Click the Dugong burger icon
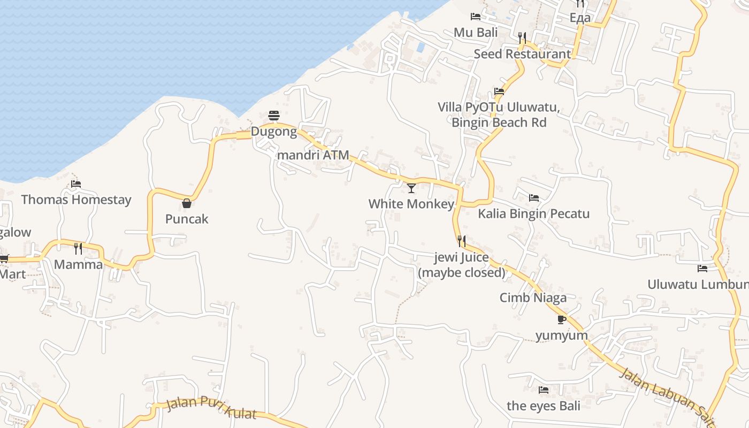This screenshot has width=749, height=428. click(x=274, y=115)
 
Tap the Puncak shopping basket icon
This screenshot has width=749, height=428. click(x=187, y=203)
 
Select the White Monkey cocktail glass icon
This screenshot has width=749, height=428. click(x=411, y=188)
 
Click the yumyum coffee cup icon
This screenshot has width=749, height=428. click(x=561, y=319)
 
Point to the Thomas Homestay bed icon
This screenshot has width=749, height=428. click(x=76, y=184)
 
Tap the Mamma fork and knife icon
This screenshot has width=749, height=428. click(x=78, y=248)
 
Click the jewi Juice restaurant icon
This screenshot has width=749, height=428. click(x=462, y=241)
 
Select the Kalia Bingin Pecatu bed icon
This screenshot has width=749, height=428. click(x=533, y=198)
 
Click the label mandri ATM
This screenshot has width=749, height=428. click(x=313, y=155)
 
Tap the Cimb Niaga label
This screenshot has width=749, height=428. click(x=533, y=297)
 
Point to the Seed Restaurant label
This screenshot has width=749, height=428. click(x=522, y=54)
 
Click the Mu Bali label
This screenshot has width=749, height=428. click(x=476, y=32)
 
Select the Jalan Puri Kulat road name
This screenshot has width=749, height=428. click(x=211, y=408)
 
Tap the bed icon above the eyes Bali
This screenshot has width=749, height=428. click(x=544, y=390)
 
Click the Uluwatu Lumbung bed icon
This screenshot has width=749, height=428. click(x=702, y=268)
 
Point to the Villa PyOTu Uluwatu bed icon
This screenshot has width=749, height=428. click(x=499, y=91)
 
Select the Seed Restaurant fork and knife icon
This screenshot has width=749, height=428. click(x=522, y=37)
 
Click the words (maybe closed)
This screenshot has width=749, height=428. click(x=461, y=272)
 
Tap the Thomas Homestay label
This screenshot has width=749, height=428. click(x=76, y=200)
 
